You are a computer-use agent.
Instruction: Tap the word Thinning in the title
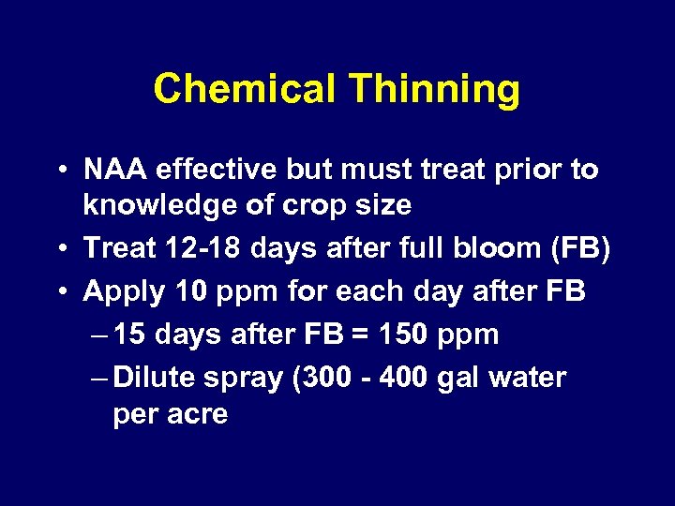tap(434, 90)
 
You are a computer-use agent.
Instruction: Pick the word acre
tap(199, 413)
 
